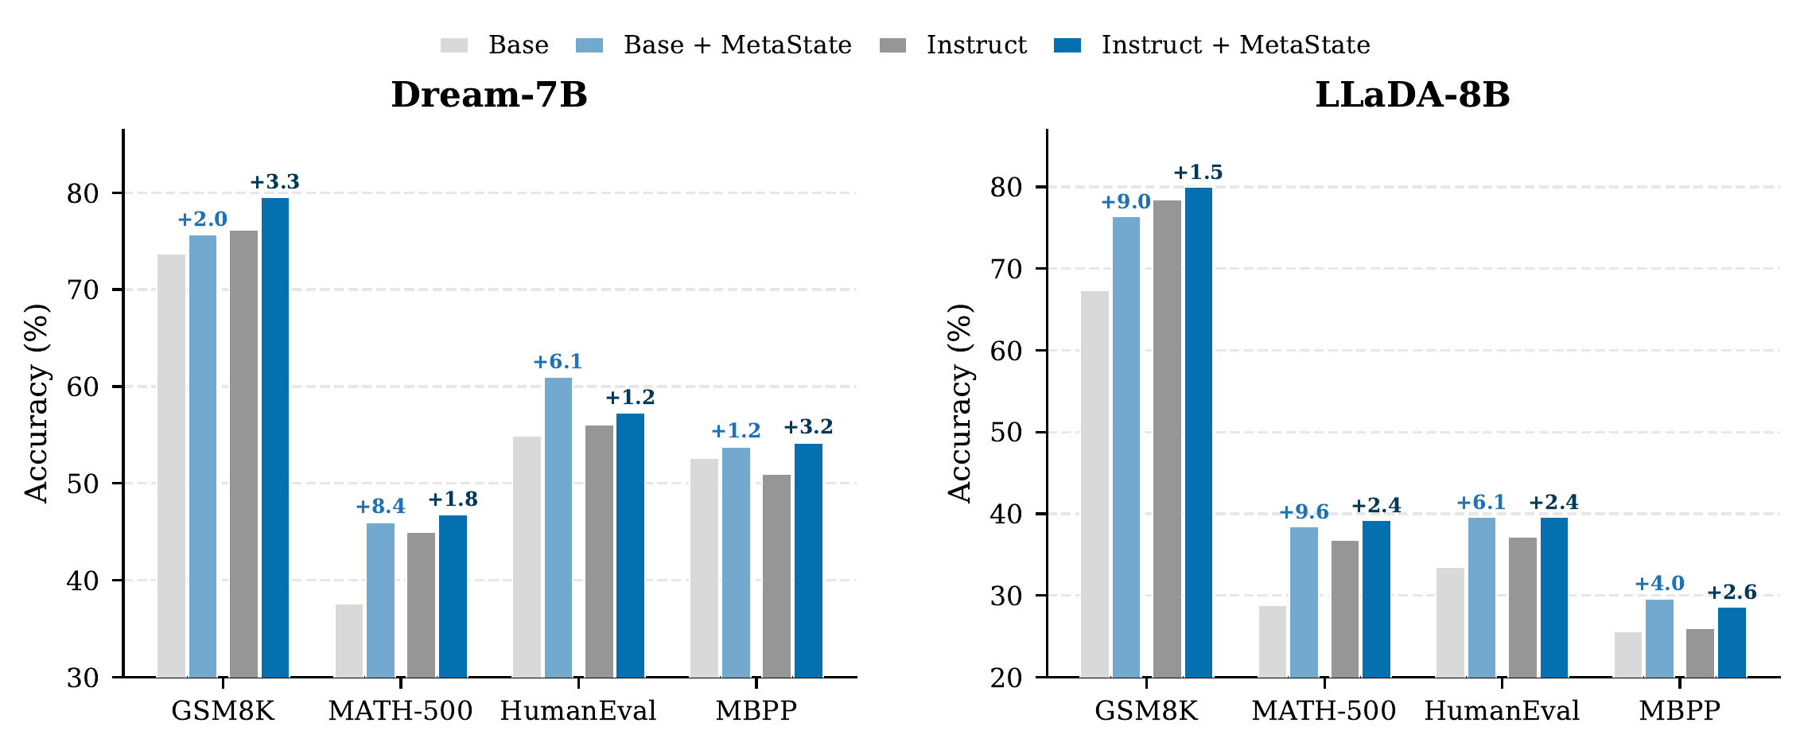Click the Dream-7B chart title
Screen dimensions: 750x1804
point(488,95)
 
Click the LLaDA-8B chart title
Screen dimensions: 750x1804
point(1412,95)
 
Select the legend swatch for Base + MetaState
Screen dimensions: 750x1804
point(589,45)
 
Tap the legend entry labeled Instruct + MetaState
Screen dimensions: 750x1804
point(1234,45)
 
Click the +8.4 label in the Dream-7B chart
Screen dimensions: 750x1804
point(380,507)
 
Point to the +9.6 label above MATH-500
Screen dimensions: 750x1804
point(1303,511)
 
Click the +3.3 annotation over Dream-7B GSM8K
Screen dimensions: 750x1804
point(275,182)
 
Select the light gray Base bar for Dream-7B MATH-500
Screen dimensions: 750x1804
point(348,640)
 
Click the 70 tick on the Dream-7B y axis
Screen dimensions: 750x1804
point(83,290)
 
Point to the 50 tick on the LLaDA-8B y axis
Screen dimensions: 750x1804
point(1006,433)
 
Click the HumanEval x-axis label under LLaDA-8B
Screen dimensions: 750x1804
point(1501,711)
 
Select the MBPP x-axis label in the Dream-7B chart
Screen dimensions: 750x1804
point(756,711)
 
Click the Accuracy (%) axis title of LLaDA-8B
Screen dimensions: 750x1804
point(960,402)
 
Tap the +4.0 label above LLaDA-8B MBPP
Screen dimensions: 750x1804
point(1659,584)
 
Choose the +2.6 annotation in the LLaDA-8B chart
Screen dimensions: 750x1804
point(1732,593)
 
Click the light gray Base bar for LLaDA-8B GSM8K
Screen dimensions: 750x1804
point(1094,484)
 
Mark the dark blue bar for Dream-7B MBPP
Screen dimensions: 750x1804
point(808,560)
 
